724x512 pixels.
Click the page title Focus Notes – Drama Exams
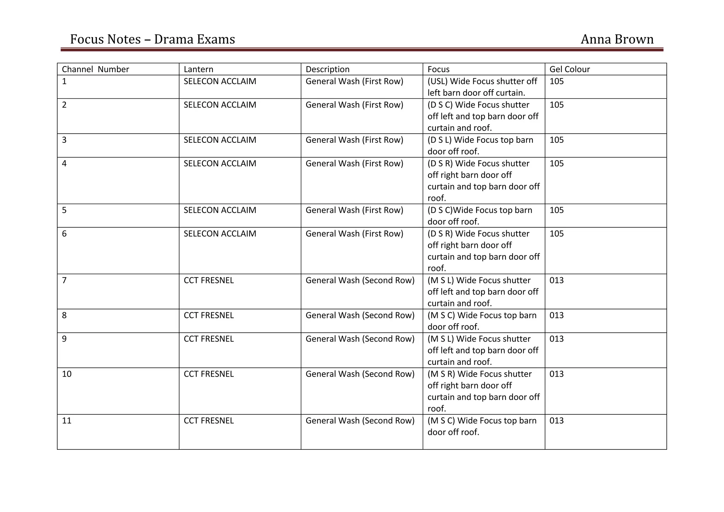(152, 39)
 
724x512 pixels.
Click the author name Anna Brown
(617, 39)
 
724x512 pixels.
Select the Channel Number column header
(95, 69)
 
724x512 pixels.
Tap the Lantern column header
(198, 69)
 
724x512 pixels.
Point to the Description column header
(327, 69)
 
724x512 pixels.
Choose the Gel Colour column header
(570, 69)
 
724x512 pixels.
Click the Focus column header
(438, 69)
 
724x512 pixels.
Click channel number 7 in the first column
(64, 280)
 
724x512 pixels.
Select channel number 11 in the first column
(66, 421)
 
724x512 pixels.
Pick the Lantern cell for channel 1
(220, 81)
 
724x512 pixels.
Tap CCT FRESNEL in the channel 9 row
(209, 339)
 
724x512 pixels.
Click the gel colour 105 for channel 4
(556, 164)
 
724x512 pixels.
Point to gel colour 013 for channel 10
(556, 374)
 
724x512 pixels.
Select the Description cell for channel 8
(360, 315)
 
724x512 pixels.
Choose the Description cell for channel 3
(354, 140)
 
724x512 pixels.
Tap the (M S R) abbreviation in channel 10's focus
(441, 374)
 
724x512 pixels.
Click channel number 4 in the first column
(64, 164)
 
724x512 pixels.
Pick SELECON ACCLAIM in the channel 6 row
(220, 234)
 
